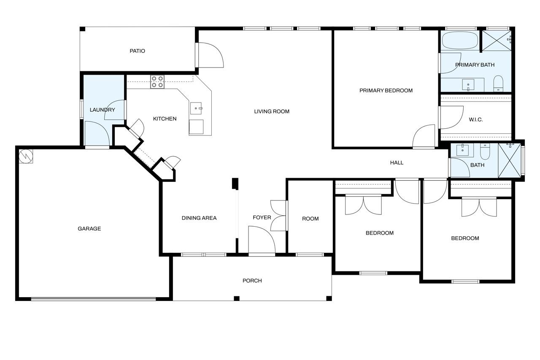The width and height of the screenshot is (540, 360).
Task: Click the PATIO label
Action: [x=138, y=51]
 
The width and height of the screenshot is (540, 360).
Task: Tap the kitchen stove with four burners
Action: [x=157, y=82]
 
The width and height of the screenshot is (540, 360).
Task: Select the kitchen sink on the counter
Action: [x=196, y=108]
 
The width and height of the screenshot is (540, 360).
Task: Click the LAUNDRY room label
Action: [x=102, y=110]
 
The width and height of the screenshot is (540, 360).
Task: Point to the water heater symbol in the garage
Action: [x=26, y=156]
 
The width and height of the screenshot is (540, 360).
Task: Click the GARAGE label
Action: [x=89, y=229]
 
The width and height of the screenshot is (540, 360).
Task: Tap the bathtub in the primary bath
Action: [x=460, y=40]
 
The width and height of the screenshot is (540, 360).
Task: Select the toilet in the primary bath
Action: [x=498, y=84]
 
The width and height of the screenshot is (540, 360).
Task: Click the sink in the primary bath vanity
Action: [x=468, y=85]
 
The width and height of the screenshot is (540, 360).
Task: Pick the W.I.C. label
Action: [x=475, y=119]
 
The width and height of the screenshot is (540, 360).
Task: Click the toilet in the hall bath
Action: [x=485, y=151]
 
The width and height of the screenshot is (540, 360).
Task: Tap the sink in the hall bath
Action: [x=463, y=150]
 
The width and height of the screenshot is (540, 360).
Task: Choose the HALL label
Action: [x=397, y=163]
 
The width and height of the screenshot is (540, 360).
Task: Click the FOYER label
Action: [x=262, y=217]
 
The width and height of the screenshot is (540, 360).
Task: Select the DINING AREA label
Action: [x=199, y=218]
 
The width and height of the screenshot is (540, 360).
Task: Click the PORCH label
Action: [x=252, y=281]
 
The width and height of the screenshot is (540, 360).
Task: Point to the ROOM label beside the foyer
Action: [x=310, y=219]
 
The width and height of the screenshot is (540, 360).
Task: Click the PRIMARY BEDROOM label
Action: [x=386, y=91]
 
